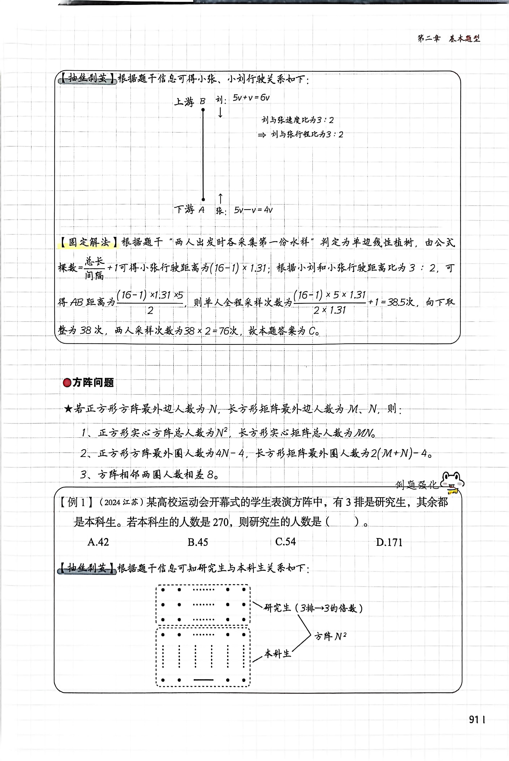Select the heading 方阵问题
(x=93, y=383)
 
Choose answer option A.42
(x=98, y=542)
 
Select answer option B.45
(x=198, y=542)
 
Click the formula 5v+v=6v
(x=251, y=98)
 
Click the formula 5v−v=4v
(x=253, y=210)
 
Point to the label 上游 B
(x=190, y=102)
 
